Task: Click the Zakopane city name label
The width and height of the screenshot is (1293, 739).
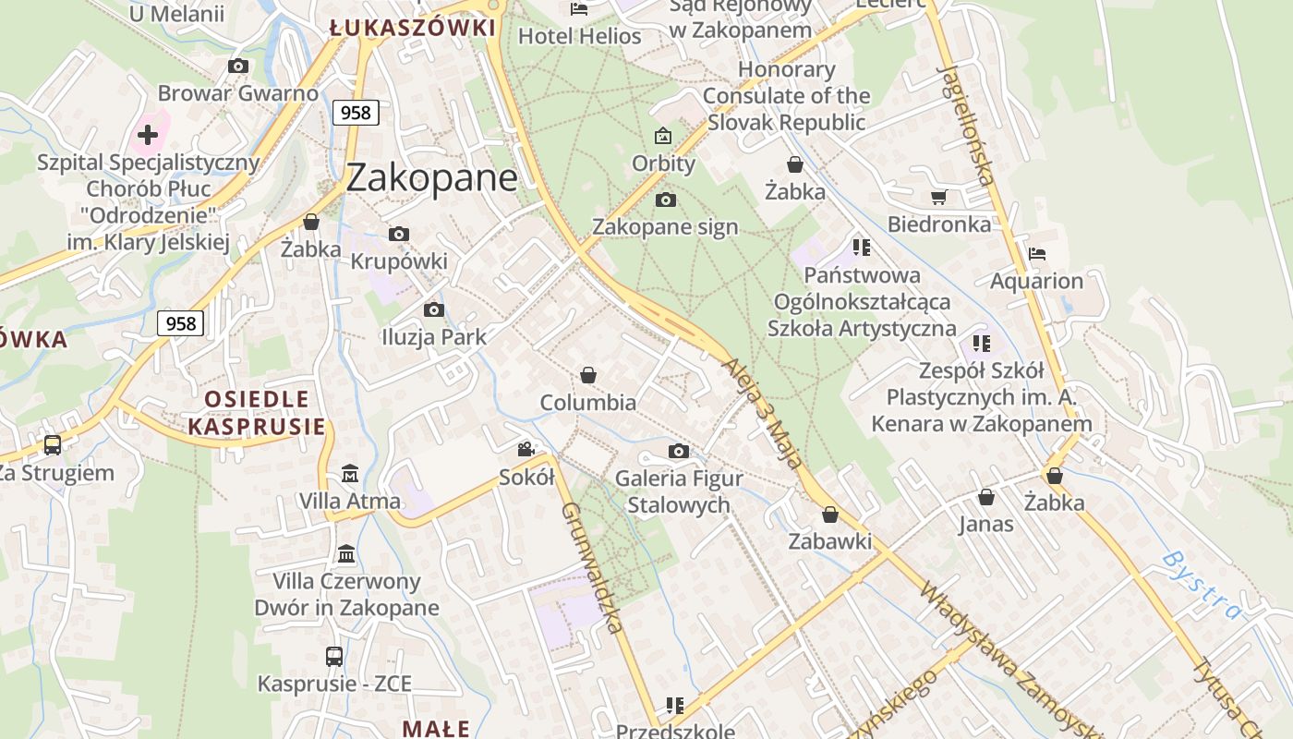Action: pos(431,177)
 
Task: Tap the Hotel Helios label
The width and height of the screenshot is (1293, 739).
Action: pos(580,36)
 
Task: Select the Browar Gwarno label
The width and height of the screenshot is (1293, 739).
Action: pos(237,93)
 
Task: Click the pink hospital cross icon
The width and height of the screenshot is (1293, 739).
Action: pos(148,136)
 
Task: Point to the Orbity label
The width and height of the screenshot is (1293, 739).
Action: pos(663,164)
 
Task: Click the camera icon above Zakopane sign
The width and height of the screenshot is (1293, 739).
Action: pos(665,200)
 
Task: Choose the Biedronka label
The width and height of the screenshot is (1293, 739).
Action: pos(939,224)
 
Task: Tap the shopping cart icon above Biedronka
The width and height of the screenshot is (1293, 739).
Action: pos(939,197)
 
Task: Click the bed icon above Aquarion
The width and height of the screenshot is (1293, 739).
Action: pos(1037,253)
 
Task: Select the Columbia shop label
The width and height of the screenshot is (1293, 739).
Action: pos(588,403)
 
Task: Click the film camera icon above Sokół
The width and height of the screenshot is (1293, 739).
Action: pos(526,450)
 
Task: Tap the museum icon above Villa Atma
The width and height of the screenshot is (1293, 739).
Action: pos(350,474)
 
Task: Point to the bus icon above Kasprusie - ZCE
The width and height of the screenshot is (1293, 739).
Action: pos(334,657)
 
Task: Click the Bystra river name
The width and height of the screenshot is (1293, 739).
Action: pos(1202,584)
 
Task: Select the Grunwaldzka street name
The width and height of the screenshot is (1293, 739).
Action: pos(590,568)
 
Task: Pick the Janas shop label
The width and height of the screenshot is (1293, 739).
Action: pos(985,525)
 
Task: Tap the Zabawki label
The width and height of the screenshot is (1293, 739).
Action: pos(829,541)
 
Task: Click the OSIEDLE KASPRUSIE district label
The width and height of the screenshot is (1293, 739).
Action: pos(257,413)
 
